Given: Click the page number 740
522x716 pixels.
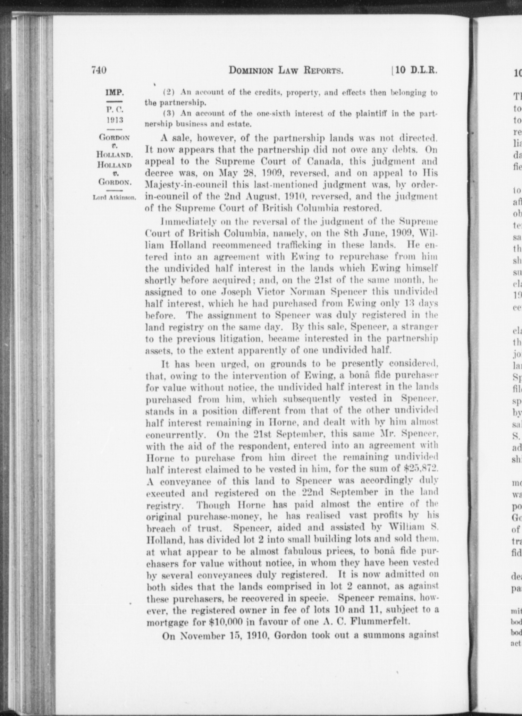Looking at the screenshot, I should (x=99, y=70).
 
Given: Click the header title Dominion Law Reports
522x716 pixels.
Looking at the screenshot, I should (x=286, y=71).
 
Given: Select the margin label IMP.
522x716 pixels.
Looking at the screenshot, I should (x=115, y=93).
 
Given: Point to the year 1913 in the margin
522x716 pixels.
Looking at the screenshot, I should (x=115, y=120).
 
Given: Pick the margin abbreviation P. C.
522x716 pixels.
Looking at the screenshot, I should (x=115, y=110).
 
